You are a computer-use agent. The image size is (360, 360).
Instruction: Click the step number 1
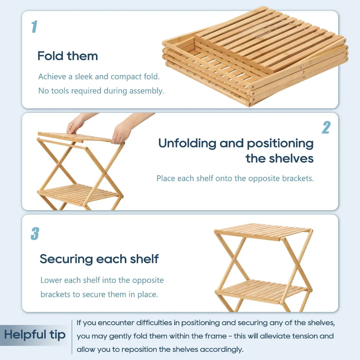(x=34, y=27)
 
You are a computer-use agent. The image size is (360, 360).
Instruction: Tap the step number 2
(x=326, y=127)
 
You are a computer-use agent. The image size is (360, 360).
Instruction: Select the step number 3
(x=35, y=234)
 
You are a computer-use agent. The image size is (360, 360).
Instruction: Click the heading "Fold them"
(x=68, y=56)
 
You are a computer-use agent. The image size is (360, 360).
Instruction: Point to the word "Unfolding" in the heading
(x=187, y=143)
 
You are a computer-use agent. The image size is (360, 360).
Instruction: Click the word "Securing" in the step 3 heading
(x=66, y=259)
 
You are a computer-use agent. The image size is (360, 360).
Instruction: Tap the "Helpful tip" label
(x=35, y=335)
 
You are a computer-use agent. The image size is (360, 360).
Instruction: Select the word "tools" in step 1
(x=60, y=91)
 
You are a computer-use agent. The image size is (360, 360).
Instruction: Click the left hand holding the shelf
(x=76, y=126)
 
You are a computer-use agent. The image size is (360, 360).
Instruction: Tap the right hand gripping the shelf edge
(x=122, y=133)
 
